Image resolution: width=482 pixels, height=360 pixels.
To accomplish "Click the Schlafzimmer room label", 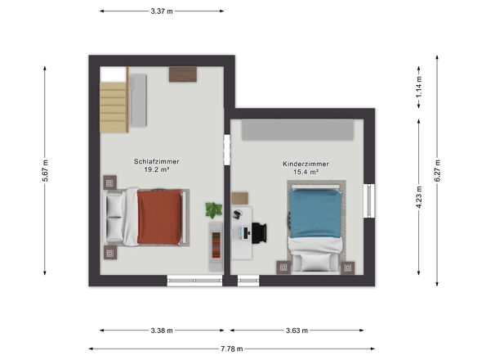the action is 157,161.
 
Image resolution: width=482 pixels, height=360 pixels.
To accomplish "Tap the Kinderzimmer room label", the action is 306,164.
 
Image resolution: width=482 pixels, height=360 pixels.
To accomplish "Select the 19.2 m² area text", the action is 157,169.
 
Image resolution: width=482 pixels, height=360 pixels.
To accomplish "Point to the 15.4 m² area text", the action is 306,172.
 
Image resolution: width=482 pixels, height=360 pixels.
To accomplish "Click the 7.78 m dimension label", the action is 232,349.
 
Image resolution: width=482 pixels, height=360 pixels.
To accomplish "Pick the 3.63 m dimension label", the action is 297,331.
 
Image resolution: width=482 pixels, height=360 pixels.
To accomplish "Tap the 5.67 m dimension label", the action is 45,170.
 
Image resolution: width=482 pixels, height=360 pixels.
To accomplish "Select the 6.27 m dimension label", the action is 437,171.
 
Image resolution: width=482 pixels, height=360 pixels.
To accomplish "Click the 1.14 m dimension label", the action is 419,87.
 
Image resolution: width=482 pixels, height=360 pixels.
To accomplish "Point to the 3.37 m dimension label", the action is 162,11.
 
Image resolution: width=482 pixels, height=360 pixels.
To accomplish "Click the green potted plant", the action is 214,210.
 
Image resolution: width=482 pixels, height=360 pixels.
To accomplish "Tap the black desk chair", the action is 259,233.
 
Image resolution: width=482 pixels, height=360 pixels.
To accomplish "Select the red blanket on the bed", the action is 159,217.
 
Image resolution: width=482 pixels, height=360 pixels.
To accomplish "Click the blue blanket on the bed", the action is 315,214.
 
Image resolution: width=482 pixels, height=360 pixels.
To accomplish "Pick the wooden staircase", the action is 114,107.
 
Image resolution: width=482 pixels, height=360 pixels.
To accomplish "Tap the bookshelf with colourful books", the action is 216,245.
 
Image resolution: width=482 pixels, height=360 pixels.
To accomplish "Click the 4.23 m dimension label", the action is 419,197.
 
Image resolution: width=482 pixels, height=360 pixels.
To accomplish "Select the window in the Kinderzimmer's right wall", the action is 369,200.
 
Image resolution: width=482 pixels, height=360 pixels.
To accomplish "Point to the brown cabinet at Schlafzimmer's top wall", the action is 183,74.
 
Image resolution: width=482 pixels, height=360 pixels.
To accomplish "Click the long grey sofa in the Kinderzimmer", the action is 297,130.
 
